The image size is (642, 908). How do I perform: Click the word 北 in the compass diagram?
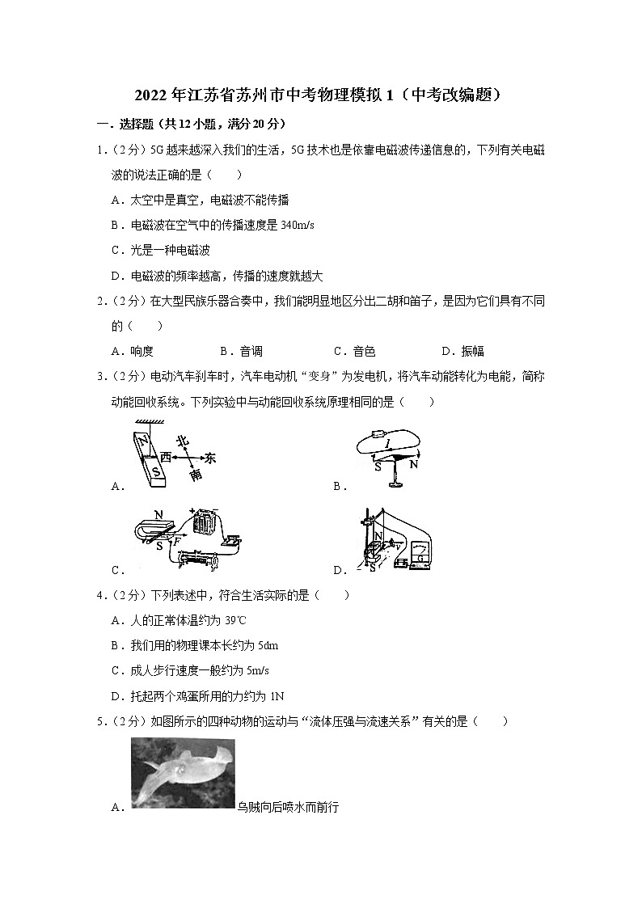click(183, 441)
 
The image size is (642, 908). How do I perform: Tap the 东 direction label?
click(211, 458)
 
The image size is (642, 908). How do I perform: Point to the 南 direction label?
click(196, 475)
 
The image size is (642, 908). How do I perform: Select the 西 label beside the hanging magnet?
click(165, 458)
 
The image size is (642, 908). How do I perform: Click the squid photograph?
click(182, 772)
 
